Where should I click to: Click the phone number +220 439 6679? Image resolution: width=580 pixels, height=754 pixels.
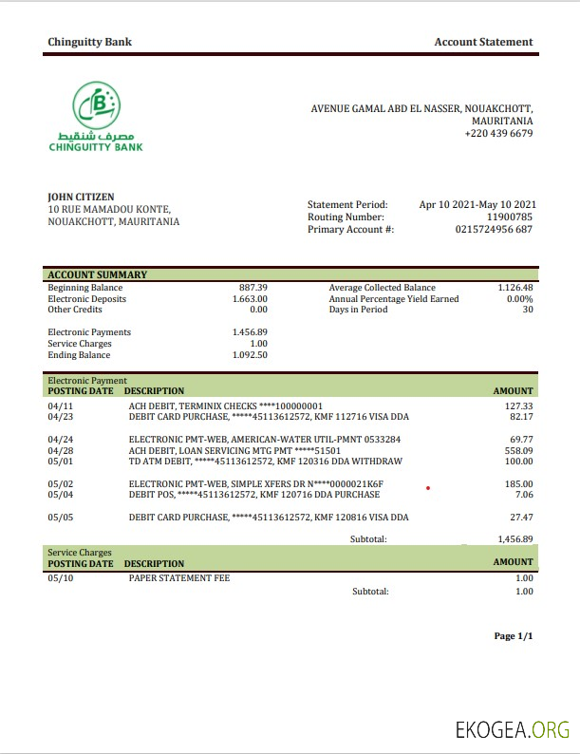pyautogui.click(x=498, y=134)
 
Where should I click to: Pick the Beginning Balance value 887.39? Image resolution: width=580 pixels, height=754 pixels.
pyautogui.click(x=253, y=288)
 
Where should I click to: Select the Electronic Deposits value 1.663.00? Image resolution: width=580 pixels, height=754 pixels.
pyautogui.click(x=250, y=299)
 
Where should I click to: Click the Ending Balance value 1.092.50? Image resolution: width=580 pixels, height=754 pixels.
pyautogui.click(x=250, y=355)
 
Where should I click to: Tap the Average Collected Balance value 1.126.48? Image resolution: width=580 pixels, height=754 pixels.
pyautogui.click(x=515, y=288)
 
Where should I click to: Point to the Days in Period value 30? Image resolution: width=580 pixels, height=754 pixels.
pyautogui.click(x=528, y=310)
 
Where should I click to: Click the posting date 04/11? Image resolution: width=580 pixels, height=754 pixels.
pyautogui.click(x=59, y=406)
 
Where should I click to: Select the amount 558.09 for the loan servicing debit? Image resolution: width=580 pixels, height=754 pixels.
pyautogui.click(x=516, y=451)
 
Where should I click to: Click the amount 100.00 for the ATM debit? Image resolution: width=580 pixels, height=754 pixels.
pyautogui.click(x=516, y=462)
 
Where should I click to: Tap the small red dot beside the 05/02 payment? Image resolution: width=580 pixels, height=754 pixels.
pyautogui.click(x=429, y=489)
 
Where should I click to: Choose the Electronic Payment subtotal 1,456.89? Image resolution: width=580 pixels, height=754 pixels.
pyautogui.click(x=515, y=538)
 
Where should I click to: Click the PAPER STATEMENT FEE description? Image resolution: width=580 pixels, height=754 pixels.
pyautogui.click(x=179, y=577)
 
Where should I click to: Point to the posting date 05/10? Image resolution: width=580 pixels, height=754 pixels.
pyautogui.click(x=59, y=577)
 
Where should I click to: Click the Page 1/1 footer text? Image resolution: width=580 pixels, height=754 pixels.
pyautogui.click(x=514, y=636)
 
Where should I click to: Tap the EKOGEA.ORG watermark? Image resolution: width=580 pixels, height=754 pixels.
pyautogui.click(x=513, y=730)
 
